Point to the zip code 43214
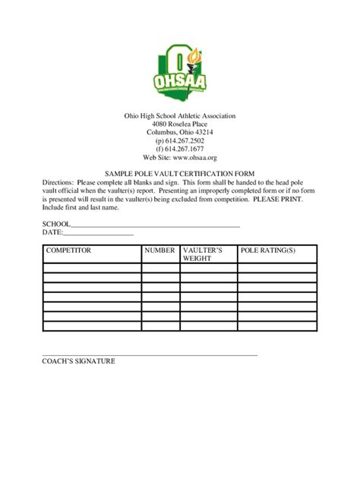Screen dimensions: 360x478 [x=202, y=132]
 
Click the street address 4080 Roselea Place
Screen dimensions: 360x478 [x=180, y=124]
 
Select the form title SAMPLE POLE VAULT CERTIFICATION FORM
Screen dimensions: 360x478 [x=180, y=174]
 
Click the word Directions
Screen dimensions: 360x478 [x=57, y=183]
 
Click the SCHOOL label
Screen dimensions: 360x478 [x=55, y=224]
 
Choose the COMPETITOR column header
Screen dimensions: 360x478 [x=69, y=250]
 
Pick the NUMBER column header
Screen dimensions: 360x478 [x=160, y=250]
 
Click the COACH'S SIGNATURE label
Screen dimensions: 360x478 [x=78, y=361]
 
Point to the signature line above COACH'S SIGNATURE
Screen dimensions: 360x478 [x=150, y=354]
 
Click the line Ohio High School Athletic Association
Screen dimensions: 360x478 [x=180, y=115]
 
